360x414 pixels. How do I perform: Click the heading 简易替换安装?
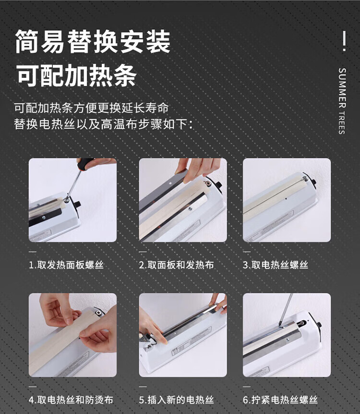[x=93, y=41]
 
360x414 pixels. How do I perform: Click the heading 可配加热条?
[x=77, y=75]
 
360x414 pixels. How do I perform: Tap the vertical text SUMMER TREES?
[x=342, y=101]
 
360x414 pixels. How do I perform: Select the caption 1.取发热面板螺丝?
[x=66, y=265]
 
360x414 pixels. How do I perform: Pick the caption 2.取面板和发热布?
[x=176, y=265]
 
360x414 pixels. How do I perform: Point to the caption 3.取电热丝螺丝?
[x=276, y=265]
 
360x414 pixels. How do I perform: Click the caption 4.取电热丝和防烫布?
[x=71, y=400]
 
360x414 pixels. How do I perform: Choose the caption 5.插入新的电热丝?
[x=176, y=400]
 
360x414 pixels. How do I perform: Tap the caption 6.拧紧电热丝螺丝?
[x=280, y=400]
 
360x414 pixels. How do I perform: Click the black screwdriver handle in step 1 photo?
[x=84, y=163]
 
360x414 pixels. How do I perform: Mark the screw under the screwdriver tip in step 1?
[x=67, y=200]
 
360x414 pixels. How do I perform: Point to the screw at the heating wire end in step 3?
[x=305, y=178]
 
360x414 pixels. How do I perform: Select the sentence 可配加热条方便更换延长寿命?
[x=91, y=108]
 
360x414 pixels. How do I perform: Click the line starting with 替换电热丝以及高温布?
[x=103, y=124]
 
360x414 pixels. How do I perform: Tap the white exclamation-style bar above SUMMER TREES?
[x=344, y=41]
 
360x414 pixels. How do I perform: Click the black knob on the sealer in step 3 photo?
[x=313, y=182]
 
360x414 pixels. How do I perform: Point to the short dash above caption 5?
[x=143, y=387]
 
